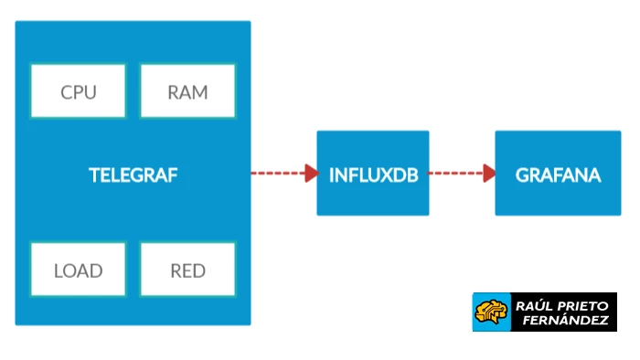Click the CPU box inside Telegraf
tap(78, 91)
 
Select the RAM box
tap(187, 91)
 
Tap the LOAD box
tap(78, 270)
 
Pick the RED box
tap(187, 270)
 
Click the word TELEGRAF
tap(133, 175)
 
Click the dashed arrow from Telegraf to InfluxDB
tap(279, 174)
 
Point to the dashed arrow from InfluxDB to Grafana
tap(457, 174)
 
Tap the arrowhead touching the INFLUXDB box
tap(311, 174)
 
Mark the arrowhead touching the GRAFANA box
tap(489, 174)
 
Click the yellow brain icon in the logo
tap(489, 312)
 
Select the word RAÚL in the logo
tap(533, 303)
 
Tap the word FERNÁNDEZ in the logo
tap(560, 321)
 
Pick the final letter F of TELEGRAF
tap(172, 175)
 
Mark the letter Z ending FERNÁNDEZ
tap(603, 321)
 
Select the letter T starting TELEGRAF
tap(93, 175)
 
